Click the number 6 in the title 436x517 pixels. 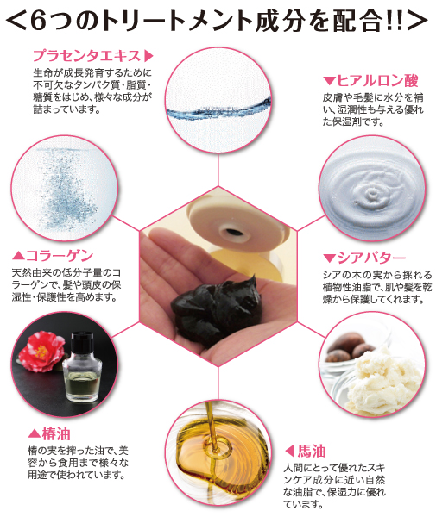44,18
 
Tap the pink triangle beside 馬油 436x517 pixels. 290,449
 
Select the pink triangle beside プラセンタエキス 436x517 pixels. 148,55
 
